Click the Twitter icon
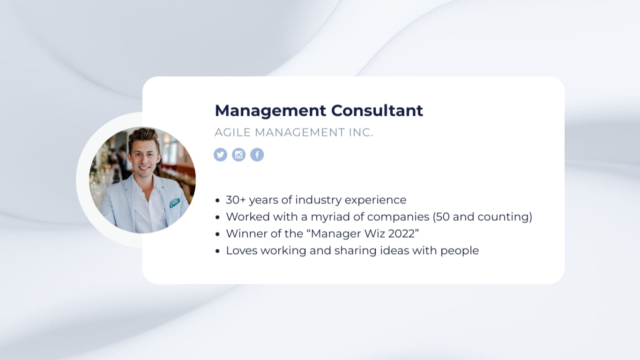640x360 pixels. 220,155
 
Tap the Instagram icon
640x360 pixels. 238,155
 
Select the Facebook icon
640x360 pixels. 257,155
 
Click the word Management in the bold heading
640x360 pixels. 270,111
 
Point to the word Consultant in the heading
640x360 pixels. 377,111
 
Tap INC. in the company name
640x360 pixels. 361,133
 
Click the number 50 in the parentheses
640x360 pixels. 443,217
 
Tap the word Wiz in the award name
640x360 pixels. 375,233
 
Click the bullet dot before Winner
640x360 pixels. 217,234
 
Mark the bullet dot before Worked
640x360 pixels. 217,217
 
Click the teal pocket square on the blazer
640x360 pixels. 174,203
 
